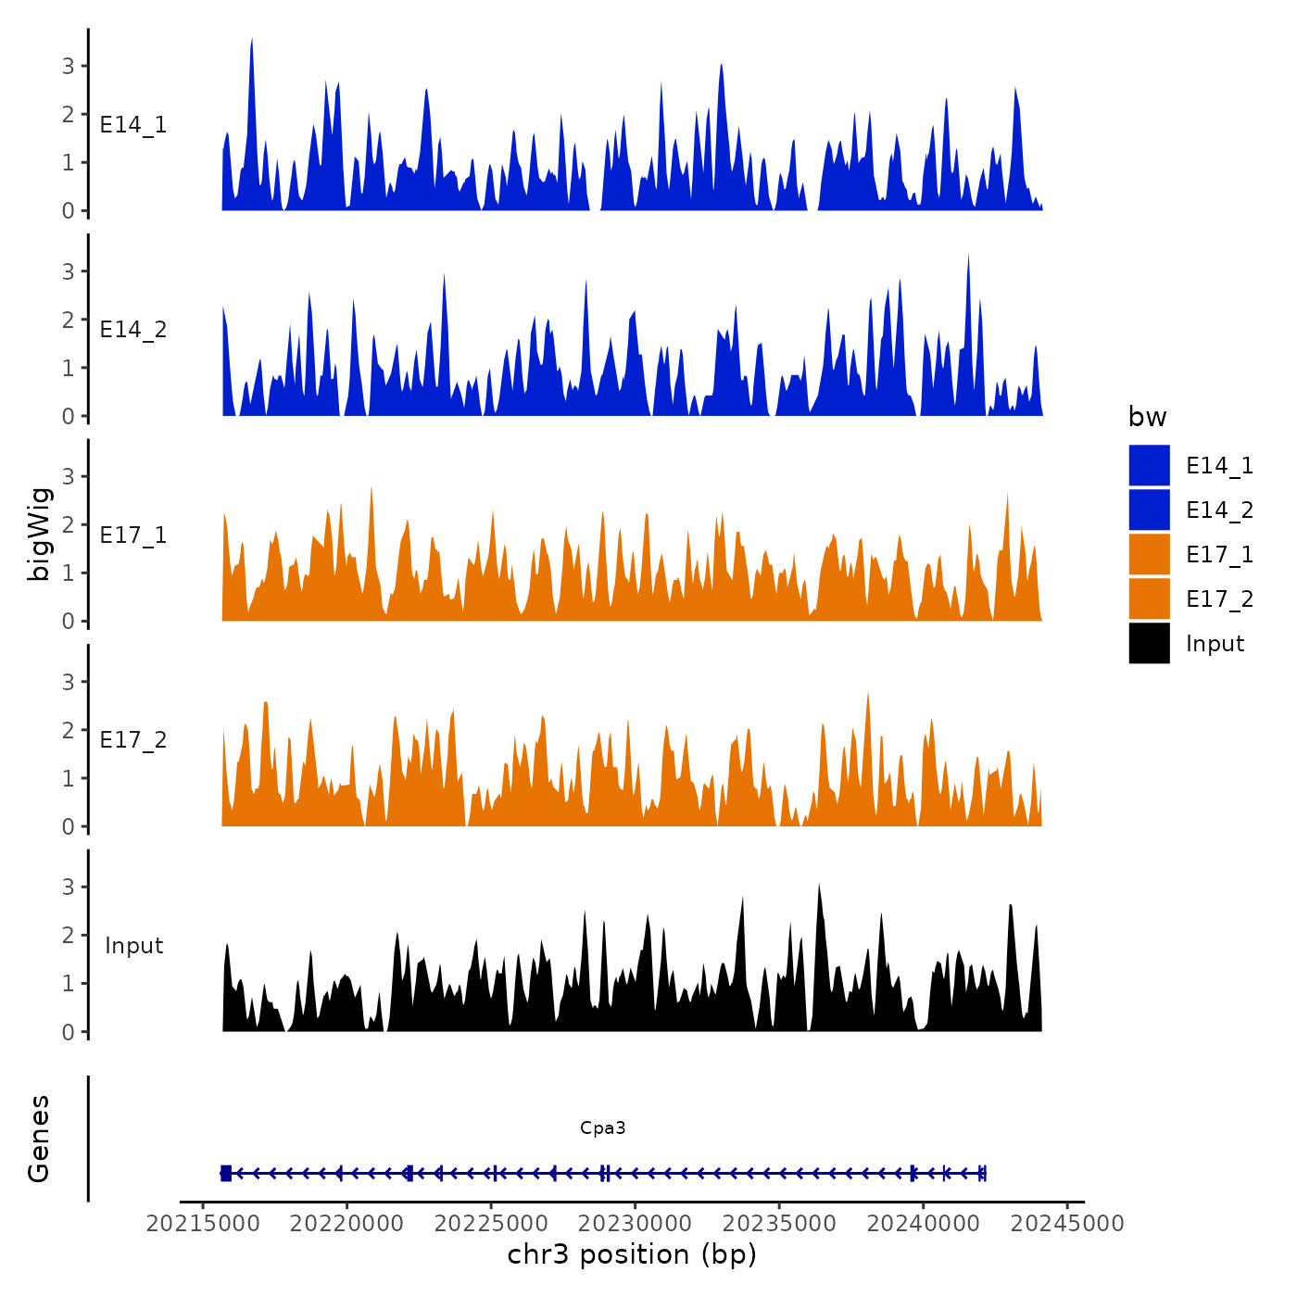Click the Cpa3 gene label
tap(602, 1127)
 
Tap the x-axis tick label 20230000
tap(635, 1223)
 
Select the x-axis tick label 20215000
tap(203, 1223)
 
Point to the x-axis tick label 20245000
tap(1067, 1223)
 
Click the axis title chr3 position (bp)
tap(632, 1254)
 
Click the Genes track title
tap(39, 1139)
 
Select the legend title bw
tap(1147, 417)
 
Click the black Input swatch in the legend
tap(1149, 643)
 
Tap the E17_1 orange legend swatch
tap(1149, 554)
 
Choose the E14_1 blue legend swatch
tap(1149, 465)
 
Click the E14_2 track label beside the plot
tap(133, 330)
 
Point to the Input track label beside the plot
tap(133, 946)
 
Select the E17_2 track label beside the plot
tap(133, 740)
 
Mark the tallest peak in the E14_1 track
tap(252, 41)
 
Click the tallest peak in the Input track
tap(819, 887)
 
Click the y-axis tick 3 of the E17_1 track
tap(69, 476)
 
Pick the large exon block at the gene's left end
tap(226, 1173)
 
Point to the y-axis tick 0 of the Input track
tap(69, 1031)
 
